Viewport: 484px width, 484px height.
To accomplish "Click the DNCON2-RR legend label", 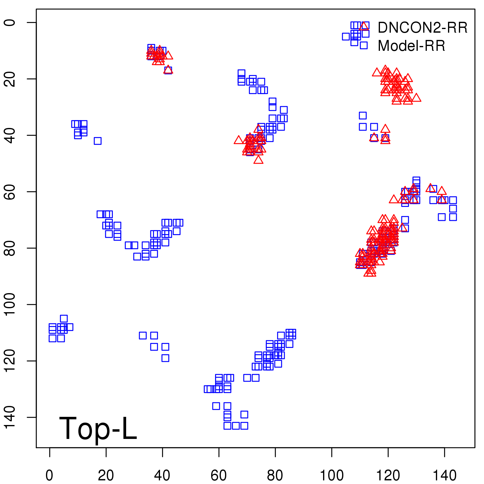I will coord(422,28).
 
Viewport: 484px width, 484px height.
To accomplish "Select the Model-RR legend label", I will coord(411,46).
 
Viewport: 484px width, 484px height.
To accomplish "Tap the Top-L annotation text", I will coord(98,428).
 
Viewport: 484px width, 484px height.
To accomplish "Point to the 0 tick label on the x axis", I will coord(49,476).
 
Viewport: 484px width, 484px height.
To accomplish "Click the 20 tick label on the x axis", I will coord(106,476).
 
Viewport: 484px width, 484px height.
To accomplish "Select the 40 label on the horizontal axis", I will coord(162,476).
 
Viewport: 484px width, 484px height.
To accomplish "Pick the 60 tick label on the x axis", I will coord(219,476).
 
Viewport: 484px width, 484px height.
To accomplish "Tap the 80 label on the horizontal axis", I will coord(275,476).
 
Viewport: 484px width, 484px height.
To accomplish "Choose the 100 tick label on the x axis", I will coord(332,476).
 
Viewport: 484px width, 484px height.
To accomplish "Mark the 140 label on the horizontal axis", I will coord(444,476).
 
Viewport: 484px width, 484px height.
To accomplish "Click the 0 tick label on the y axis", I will coord(10,22).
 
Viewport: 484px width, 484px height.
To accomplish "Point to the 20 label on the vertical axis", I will coord(10,79).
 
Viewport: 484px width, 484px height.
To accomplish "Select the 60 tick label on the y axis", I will coord(10,192).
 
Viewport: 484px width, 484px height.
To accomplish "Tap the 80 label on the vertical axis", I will coord(10,248).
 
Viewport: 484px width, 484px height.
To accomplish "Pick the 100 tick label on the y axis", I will coord(10,304).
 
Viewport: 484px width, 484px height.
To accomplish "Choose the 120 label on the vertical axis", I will coord(10,361).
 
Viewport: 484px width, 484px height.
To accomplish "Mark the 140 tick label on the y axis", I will coord(10,417).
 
